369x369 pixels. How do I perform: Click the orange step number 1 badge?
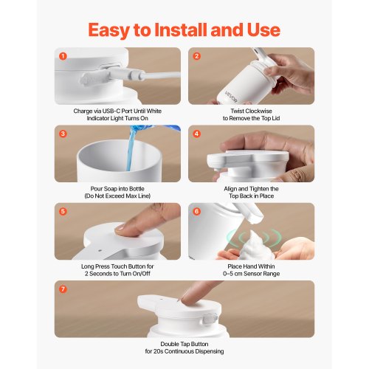[63, 56]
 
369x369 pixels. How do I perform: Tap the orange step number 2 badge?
[196, 56]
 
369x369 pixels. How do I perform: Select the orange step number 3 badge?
[63, 134]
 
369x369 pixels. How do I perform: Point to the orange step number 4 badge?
[196, 134]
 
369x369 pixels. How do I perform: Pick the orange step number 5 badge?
[63, 212]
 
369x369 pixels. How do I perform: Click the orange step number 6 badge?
[196, 212]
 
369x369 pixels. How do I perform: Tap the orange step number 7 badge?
[63, 289]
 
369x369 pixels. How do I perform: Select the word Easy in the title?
[108, 30]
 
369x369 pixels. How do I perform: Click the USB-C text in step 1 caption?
[111, 111]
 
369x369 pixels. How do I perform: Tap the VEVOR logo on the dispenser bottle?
[231, 97]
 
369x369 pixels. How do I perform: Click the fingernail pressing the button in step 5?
[121, 227]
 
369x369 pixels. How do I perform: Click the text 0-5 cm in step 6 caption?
[233, 274]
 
